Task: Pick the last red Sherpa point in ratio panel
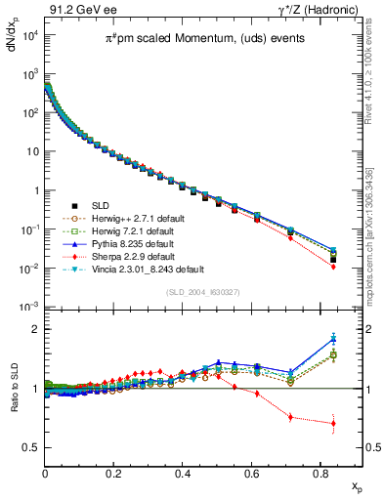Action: (333, 423)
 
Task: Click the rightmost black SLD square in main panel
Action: (333, 259)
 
